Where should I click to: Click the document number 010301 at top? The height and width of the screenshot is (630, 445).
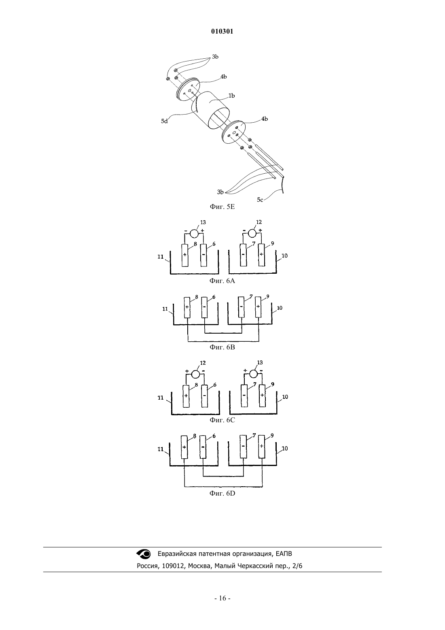click(222, 32)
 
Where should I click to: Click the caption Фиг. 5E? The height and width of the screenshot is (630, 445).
click(222, 207)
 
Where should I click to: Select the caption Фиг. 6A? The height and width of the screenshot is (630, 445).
click(222, 281)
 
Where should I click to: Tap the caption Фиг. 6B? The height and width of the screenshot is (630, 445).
click(222, 347)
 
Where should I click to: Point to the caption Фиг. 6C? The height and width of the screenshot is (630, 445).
click(222, 420)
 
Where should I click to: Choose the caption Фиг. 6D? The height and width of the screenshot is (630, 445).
click(222, 493)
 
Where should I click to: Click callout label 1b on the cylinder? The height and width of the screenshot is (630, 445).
click(231, 96)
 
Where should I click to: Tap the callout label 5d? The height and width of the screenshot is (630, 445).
click(164, 121)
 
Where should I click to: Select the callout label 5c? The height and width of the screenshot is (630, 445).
click(260, 200)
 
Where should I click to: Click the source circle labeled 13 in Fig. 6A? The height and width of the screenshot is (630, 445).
click(194, 234)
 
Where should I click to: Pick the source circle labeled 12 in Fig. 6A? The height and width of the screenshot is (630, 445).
click(252, 233)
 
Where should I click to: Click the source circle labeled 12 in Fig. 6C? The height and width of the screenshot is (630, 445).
click(195, 374)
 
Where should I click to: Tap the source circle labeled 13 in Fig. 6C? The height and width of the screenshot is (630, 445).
click(253, 374)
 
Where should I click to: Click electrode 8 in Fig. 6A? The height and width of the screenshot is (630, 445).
click(185, 255)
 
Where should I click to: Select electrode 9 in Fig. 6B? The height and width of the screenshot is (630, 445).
click(258, 307)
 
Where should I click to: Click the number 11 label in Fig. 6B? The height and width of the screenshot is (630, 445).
click(165, 309)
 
